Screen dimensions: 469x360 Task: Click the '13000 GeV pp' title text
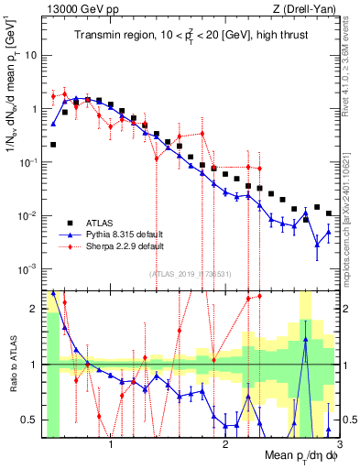click(x=75, y=8)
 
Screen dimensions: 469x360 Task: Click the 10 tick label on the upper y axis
click(x=29, y=54)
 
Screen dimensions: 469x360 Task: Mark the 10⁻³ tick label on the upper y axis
click(x=27, y=269)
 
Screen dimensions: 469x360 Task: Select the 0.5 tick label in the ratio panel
click(x=29, y=420)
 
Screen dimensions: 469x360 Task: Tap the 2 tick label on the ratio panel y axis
click(x=34, y=309)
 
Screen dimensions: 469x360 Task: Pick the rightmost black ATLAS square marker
click(x=329, y=213)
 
